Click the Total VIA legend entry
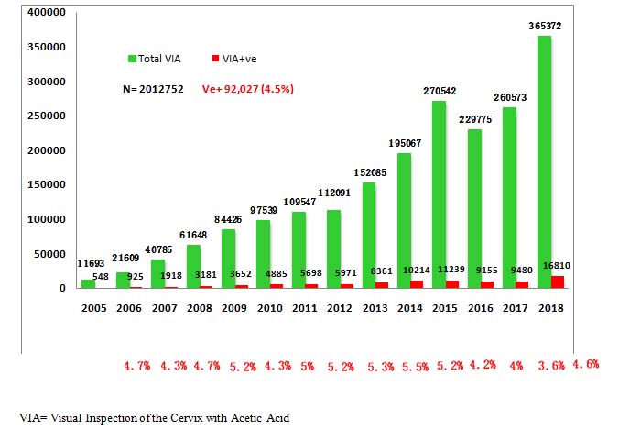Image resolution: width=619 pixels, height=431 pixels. [x=157, y=59]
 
